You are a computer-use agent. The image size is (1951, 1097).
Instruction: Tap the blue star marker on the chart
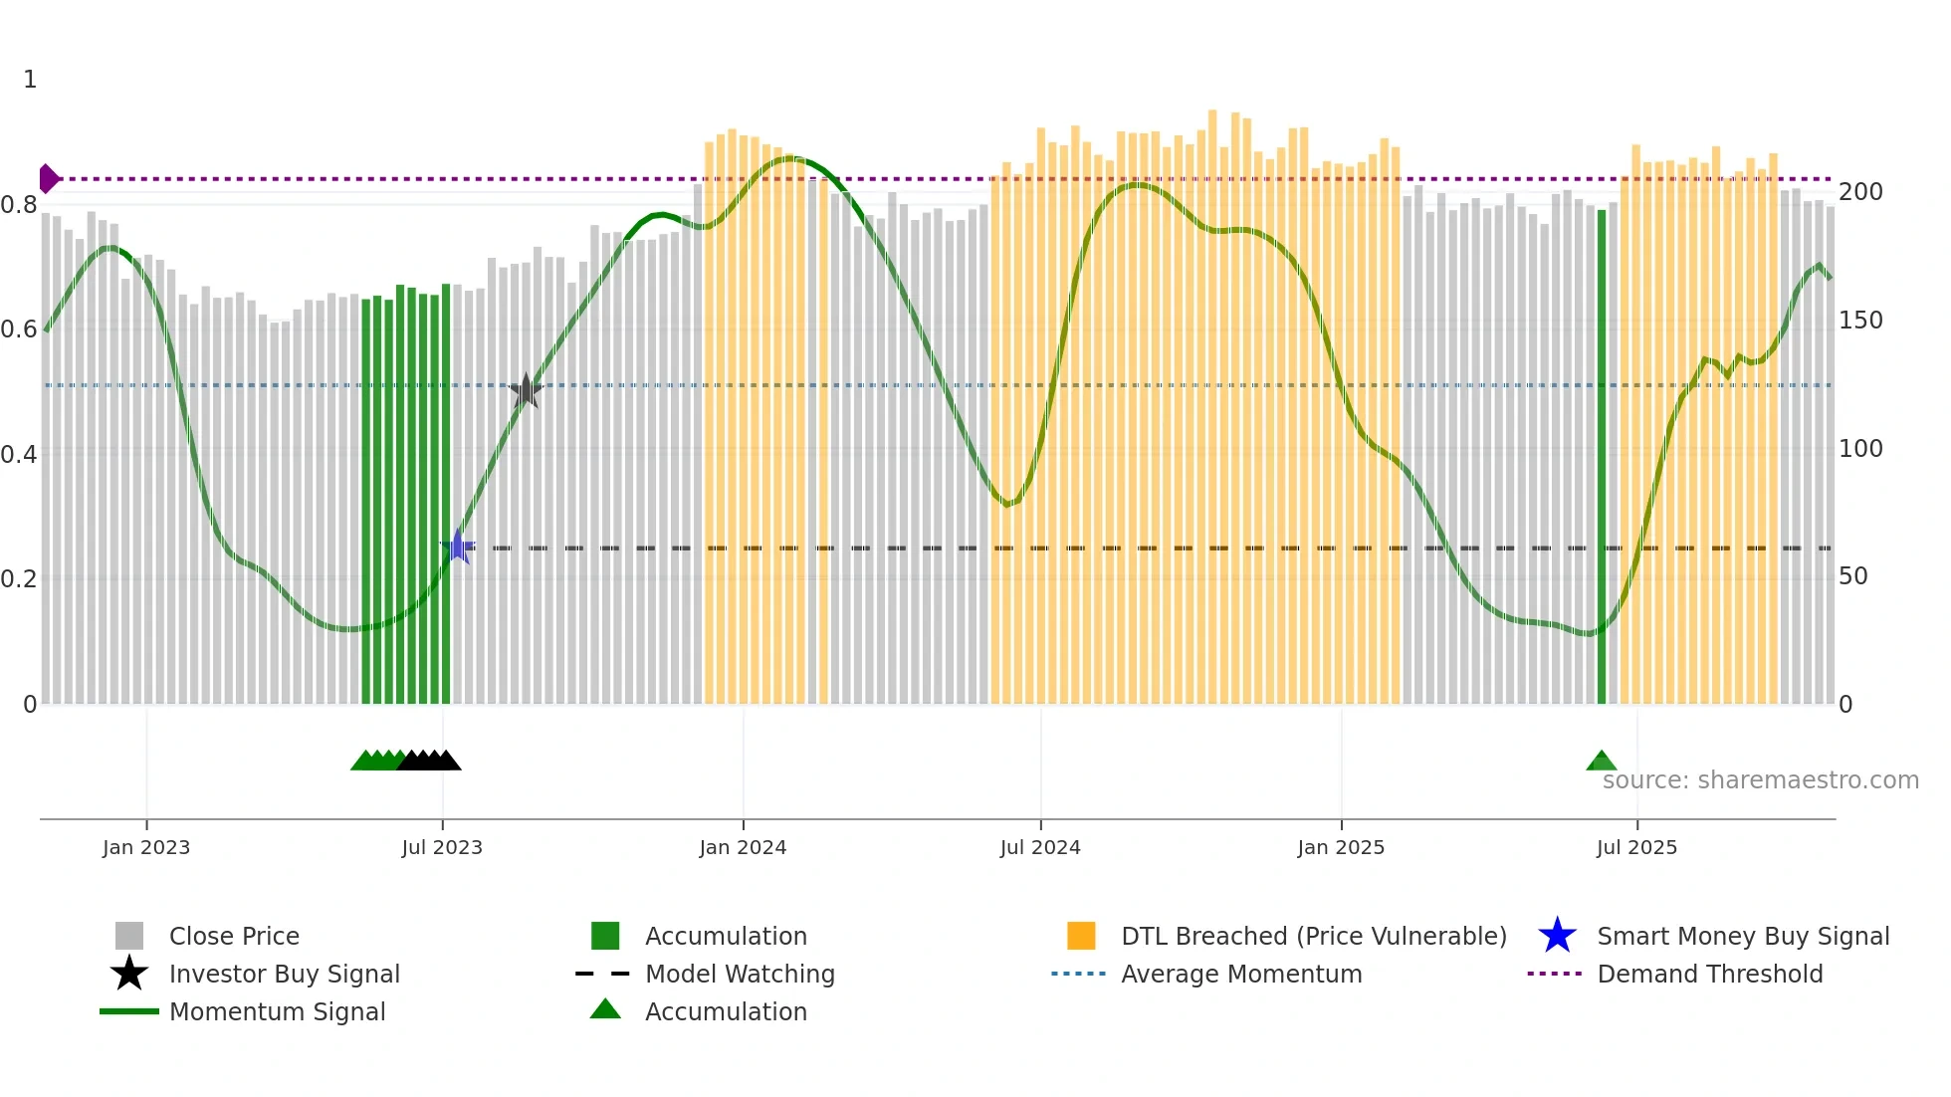pyautogui.click(x=458, y=547)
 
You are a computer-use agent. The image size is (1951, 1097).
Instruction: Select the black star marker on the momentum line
pyautogui.click(x=526, y=391)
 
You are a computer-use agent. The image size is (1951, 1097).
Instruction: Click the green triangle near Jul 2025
pyautogui.click(x=1601, y=762)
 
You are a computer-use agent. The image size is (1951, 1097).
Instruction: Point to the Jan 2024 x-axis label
pyautogui.click(x=743, y=847)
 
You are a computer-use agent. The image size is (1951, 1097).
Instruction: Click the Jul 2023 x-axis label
pyautogui.click(x=442, y=847)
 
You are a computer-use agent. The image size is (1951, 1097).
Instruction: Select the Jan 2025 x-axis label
pyautogui.click(x=1341, y=847)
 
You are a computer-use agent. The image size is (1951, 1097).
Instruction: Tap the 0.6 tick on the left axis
pyautogui.click(x=19, y=329)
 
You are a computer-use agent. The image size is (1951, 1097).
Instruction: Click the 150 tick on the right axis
pyautogui.click(x=1860, y=321)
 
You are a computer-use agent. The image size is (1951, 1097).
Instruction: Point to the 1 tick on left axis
pyautogui.click(x=30, y=80)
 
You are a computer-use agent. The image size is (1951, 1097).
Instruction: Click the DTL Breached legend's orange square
pyautogui.click(x=1081, y=936)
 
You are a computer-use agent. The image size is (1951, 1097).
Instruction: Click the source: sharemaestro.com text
pyautogui.click(x=1760, y=780)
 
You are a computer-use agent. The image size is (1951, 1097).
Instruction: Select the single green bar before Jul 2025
pyautogui.click(x=1602, y=458)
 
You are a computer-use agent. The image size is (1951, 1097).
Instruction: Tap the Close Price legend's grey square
pyautogui.click(x=129, y=936)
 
